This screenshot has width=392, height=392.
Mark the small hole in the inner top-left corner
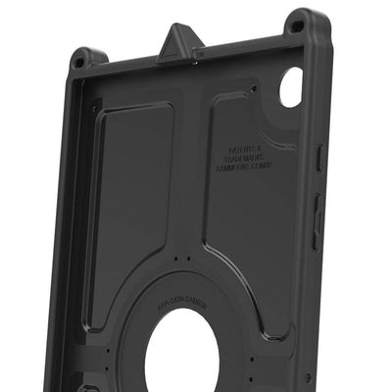(94, 108)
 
